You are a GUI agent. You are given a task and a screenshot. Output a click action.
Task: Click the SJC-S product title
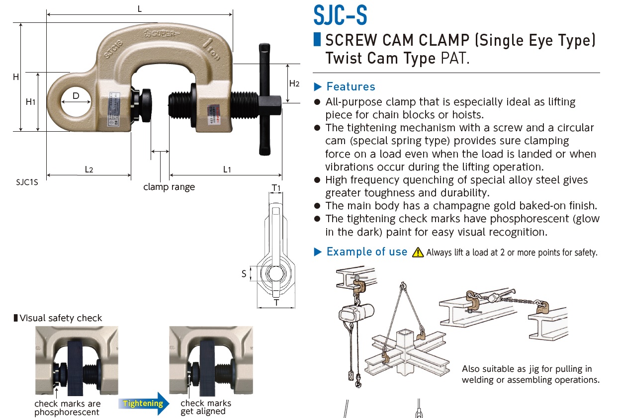[x=340, y=15]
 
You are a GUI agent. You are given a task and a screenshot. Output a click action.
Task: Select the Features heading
[x=351, y=86]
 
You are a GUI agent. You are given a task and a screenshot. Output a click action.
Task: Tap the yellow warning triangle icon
[x=418, y=252]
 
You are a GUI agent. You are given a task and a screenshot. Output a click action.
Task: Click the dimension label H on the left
[x=16, y=77]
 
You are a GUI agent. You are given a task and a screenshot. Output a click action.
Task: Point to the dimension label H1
[x=30, y=101]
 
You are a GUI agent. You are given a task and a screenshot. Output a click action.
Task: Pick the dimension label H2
[x=294, y=84]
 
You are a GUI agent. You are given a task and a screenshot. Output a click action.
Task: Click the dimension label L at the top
[x=140, y=9]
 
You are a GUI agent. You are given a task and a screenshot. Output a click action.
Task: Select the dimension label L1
[x=227, y=169]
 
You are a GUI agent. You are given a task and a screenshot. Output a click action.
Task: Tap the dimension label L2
[x=88, y=169]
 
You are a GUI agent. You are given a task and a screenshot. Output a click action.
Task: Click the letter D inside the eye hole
[x=76, y=95]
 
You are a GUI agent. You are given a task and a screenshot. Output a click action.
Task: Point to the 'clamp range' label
[x=169, y=187]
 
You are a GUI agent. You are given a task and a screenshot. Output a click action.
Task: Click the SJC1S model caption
[x=27, y=182]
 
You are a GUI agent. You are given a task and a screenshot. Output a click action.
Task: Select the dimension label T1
[x=276, y=187]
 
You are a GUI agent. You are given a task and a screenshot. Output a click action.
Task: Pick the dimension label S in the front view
[x=244, y=273]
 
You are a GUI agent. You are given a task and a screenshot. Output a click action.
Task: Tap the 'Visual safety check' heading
[x=61, y=318]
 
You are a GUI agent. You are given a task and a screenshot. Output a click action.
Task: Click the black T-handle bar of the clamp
[x=263, y=99]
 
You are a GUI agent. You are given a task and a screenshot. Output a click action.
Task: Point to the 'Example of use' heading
[x=366, y=252]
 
